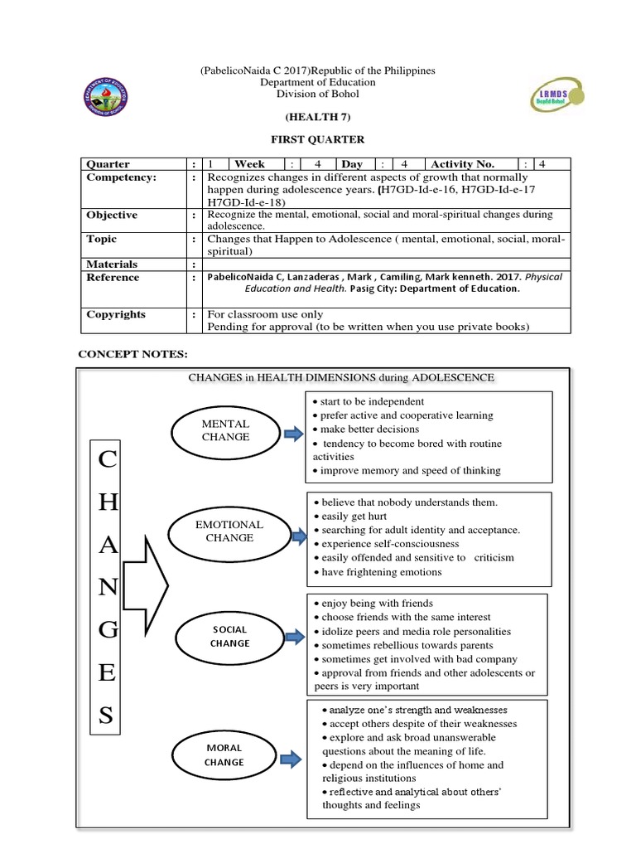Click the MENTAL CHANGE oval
[225, 430]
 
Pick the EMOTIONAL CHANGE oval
[229, 531]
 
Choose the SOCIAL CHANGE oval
[229, 636]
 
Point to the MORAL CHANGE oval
[224, 754]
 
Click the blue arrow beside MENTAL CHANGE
[293, 432]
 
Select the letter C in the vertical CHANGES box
[107, 462]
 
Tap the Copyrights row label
[116, 314]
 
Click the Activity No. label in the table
[462, 163]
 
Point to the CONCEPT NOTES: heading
[132, 354]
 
